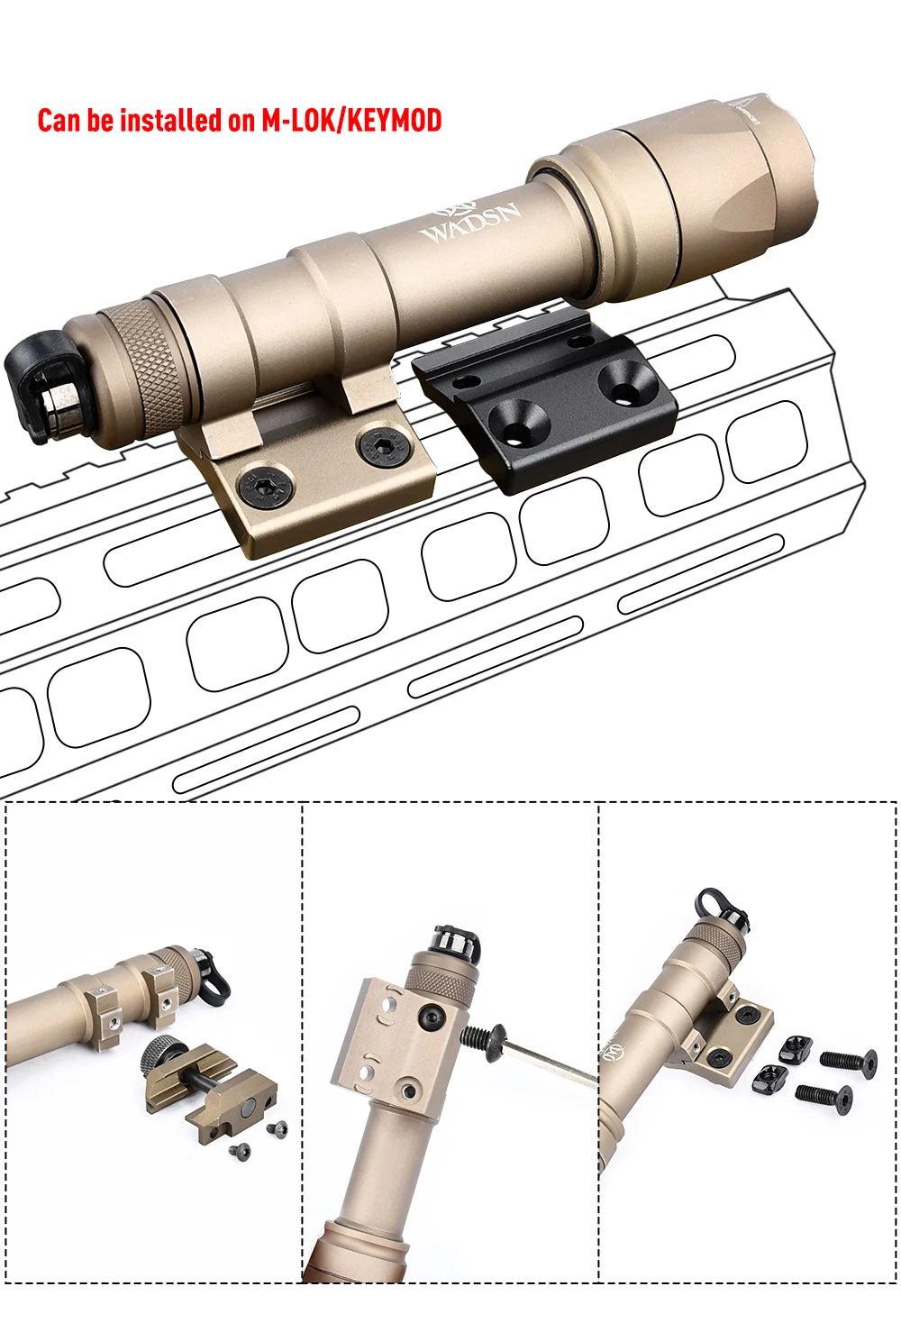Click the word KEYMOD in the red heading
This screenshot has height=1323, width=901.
click(x=394, y=120)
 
